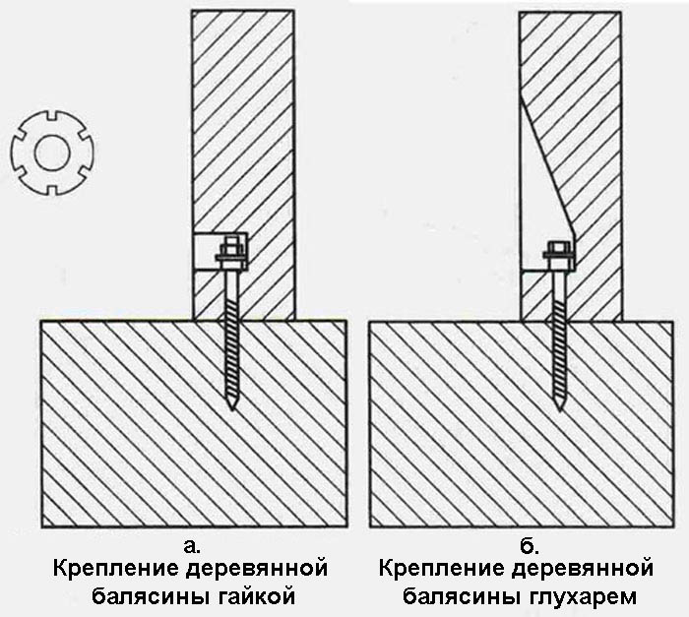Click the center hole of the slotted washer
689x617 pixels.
point(47,153)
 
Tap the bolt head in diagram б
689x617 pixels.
point(558,250)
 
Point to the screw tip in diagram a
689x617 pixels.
point(231,404)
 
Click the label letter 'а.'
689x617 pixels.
point(193,544)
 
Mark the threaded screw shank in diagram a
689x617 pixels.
point(231,335)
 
